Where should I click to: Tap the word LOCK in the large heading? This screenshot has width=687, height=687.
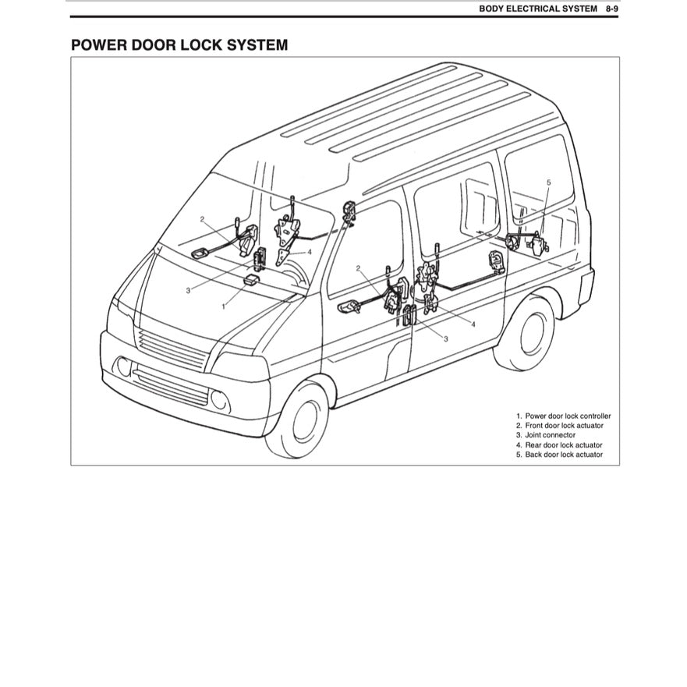click(203, 45)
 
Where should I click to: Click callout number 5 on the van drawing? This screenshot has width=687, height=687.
click(548, 182)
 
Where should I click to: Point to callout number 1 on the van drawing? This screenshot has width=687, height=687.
click(224, 306)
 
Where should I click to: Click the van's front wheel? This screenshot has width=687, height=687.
click(303, 420)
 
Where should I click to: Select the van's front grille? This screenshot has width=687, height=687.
click(173, 350)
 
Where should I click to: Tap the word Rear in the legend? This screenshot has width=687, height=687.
click(533, 445)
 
